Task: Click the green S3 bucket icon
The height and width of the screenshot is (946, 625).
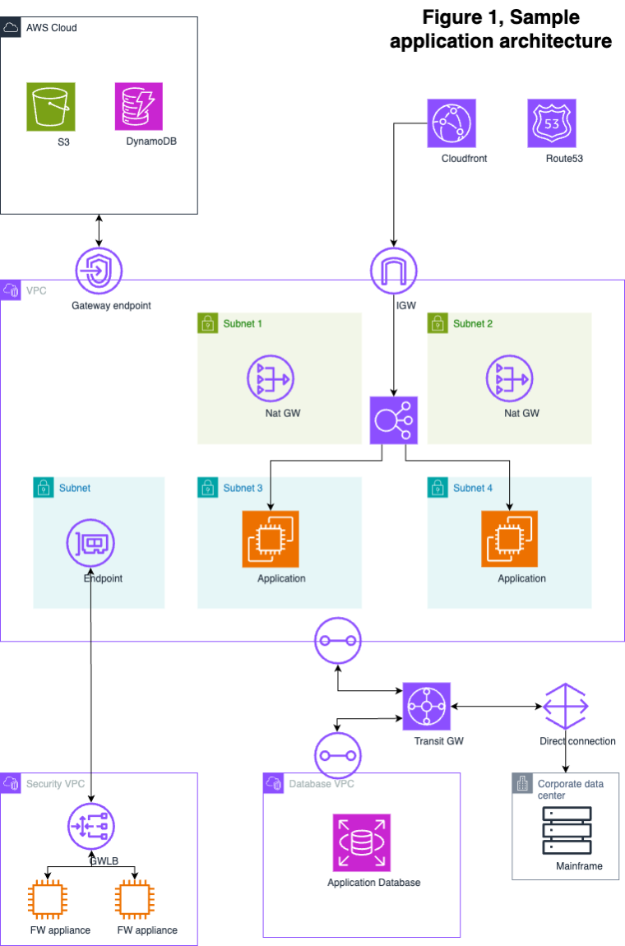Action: pyautogui.click(x=50, y=106)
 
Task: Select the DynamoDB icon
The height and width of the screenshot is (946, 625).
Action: pyautogui.click(x=138, y=106)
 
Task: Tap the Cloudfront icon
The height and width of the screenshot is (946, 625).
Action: pyautogui.click(x=451, y=123)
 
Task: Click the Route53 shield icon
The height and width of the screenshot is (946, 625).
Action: pyautogui.click(x=552, y=123)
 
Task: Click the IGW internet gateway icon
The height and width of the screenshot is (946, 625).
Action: pyautogui.click(x=394, y=270)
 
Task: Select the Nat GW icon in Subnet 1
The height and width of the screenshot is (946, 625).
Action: pyautogui.click(x=271, y=378)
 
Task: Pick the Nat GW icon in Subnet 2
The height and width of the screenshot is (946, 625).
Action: pyautogui.click(x=510, y=378)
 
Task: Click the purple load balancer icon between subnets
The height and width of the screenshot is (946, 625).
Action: pyautogui.click(x=394, y=420)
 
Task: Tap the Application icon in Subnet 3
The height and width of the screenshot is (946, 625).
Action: pyautogui.click(x=271, y=539)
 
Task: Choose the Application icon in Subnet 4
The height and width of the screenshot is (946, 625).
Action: pyautogui.click(x=510, y=539)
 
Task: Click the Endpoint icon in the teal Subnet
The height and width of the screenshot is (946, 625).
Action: pyautogui.click(x=90, y=543)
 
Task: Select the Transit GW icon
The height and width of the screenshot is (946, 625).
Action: pyautogui.click(x=427, y=706)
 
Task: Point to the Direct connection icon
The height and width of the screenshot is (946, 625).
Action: pyautogui.click(x=567, y=706)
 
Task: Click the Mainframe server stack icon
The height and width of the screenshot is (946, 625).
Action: pyautogui.click(x=567, y=829)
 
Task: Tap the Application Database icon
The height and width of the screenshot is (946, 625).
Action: pyautogui.click(x=362, y=842)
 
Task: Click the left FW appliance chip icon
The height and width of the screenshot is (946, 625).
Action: pyautogui.click(x=49, y=899)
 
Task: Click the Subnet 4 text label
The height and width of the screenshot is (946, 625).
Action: pyautogui.click(x=473, y=488)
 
